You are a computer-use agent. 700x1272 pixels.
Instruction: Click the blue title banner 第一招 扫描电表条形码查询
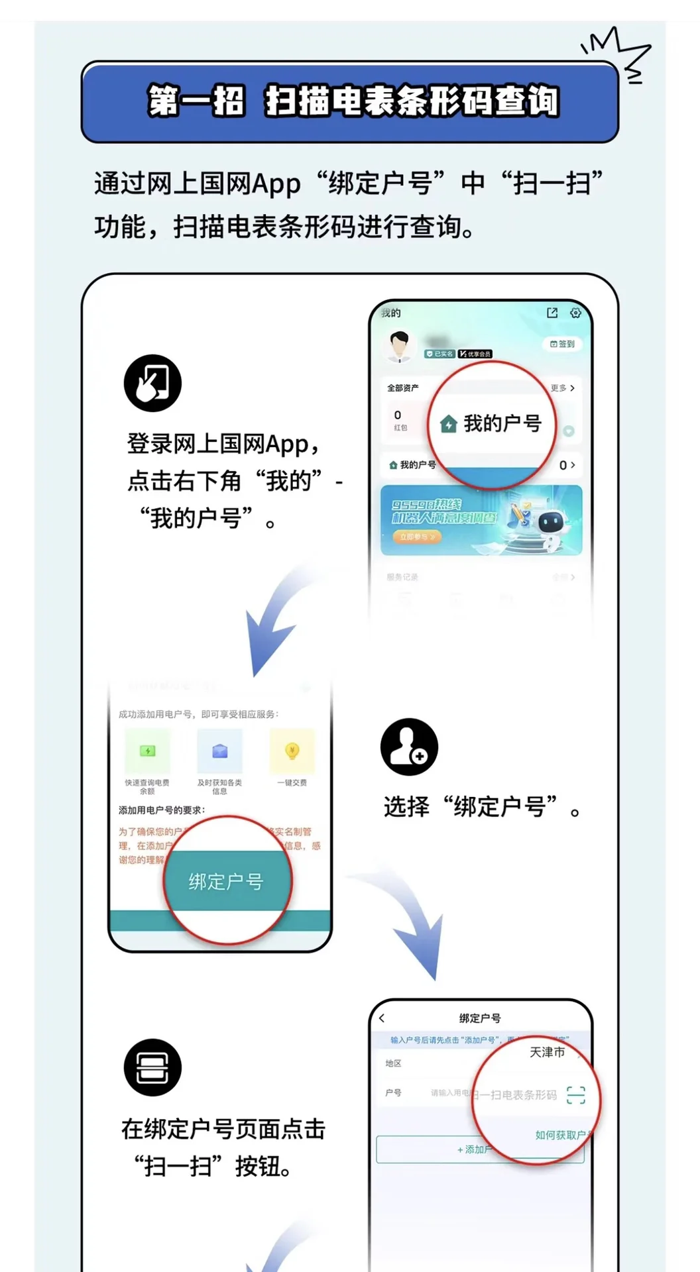click(x=350, y=101)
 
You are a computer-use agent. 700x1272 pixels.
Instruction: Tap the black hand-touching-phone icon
click(x=152, y=383)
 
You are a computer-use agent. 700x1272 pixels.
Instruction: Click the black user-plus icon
click(x=409, y=747)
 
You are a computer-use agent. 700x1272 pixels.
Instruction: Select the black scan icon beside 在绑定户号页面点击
click(x=152, y=1067)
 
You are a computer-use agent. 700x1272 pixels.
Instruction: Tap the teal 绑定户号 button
click(x=226, y=881)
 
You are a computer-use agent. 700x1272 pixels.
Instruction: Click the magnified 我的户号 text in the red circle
click(x=502, y=423)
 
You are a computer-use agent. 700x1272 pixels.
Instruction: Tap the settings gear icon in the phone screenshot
click(x=575, y=313)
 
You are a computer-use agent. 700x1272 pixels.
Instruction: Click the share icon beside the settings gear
click(x=552, y=313)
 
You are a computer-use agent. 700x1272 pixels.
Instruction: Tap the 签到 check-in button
click(x=563, y=344)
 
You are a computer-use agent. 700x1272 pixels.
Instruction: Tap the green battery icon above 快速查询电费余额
click(x=147, y=751)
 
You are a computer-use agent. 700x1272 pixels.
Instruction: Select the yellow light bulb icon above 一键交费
click(x=292, y=751)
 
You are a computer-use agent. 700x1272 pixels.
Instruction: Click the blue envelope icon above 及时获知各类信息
click(x=219, y=751)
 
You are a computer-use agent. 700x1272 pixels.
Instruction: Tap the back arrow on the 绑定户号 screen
click(x=382, y=1018)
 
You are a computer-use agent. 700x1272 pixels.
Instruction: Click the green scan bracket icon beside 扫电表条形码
click(x=576, y=1095)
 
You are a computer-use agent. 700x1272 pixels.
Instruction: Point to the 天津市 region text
click(x=548, y=1052)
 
